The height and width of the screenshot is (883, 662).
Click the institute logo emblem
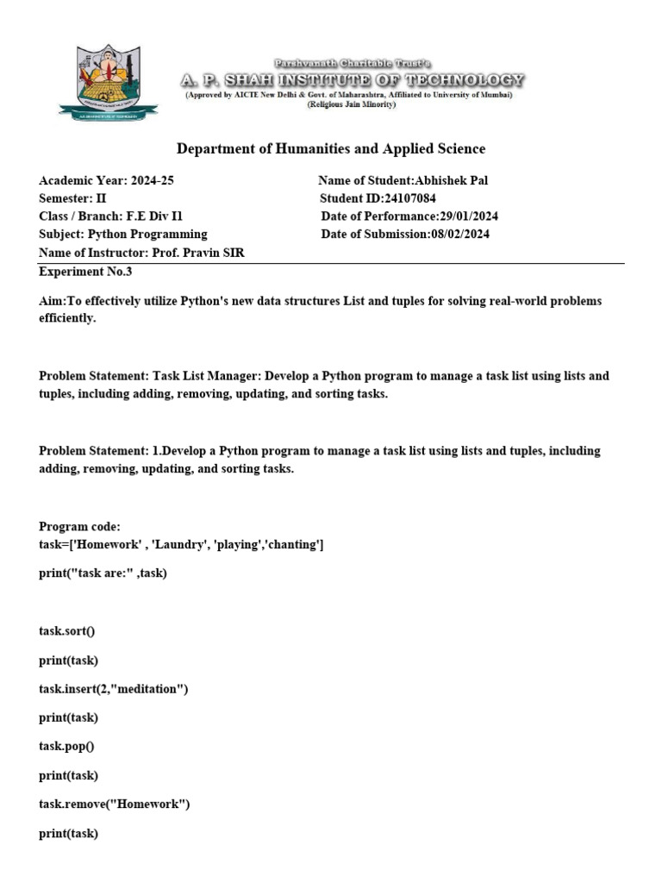109,83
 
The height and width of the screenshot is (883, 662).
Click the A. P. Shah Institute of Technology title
352,80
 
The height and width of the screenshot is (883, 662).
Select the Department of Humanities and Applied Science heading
331,149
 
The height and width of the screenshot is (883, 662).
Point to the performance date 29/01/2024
468,216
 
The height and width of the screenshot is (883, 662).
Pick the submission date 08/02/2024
459,235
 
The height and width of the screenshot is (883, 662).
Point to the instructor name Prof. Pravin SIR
203,253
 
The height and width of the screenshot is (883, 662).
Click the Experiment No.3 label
85,271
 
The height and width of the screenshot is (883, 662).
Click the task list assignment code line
182,545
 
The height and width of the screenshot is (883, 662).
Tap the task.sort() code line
67,630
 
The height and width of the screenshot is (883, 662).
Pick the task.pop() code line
66,746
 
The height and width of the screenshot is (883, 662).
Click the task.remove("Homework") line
114,805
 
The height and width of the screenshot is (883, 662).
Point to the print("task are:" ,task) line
103,573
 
